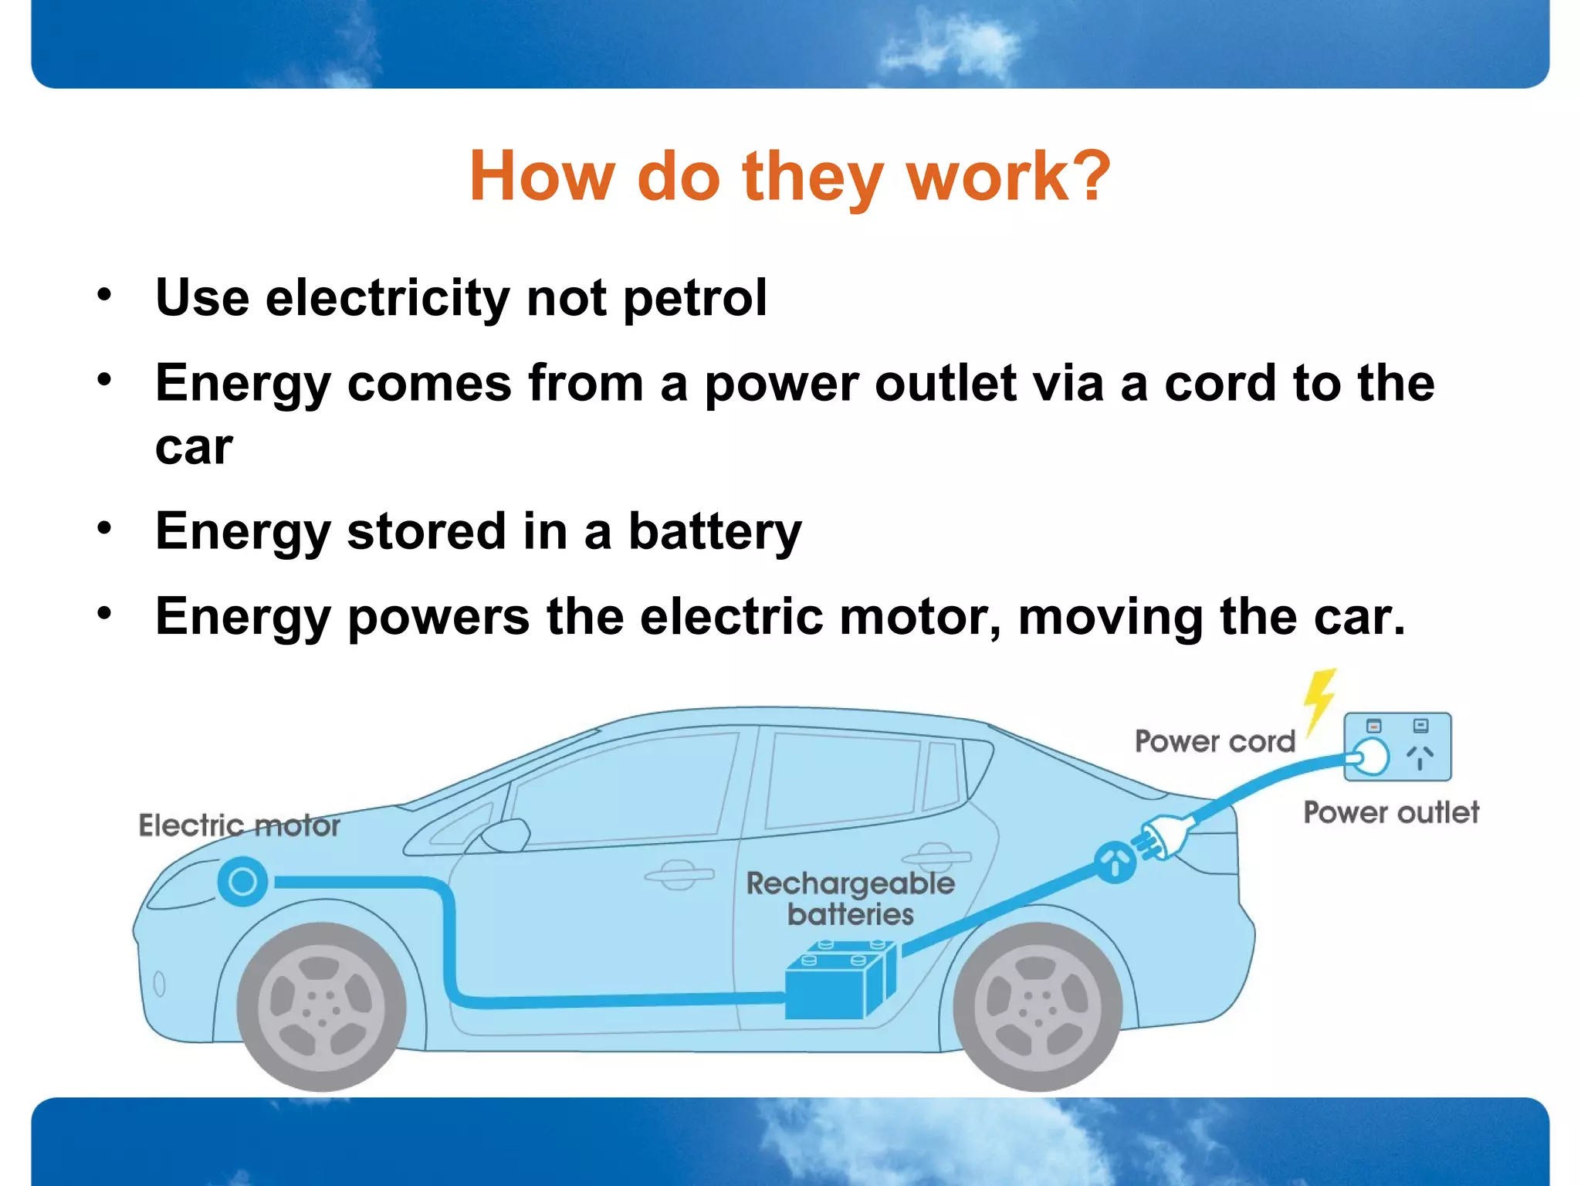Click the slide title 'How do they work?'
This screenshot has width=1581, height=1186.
coord(790,177)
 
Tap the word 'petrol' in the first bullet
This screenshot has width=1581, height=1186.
coord(695,297)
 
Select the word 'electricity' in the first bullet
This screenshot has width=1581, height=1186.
coord(387,299)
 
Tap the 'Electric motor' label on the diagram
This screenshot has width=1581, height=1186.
coord(239,825)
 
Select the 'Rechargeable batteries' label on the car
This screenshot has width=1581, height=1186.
coord(850,898)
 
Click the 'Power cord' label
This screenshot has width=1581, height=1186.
coord(1214,741)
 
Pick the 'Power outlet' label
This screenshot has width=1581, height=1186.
coord(1391,812)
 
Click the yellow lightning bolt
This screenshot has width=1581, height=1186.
coord(1319,700)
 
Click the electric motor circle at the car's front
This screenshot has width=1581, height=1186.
coord(242,882)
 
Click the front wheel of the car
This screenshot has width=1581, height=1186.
coord(321,1006)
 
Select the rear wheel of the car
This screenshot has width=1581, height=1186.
coord(1037,1006)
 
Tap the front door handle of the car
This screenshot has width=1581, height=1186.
coord(679,875)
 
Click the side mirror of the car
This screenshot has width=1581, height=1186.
coord(506,835)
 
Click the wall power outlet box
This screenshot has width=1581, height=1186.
coord(1397,747)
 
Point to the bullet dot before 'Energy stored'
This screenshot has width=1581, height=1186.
coord(104,529)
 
